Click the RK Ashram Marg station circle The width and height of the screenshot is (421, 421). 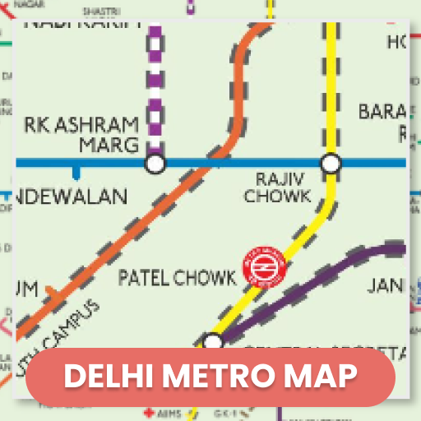click(x=155, y=164)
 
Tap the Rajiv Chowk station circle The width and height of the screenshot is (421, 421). click(x=331, y=164)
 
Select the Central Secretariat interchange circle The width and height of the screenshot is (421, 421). click(x=213, y=342)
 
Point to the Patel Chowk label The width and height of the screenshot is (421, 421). click(x=177, y=278)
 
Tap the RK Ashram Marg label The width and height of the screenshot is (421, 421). click(x=81, y=135)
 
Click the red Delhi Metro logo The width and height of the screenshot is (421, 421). click(x=262, y=267)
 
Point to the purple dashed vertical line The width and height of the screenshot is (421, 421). click(x=155, y=82)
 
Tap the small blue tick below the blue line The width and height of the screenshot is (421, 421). click(x=76, y=173)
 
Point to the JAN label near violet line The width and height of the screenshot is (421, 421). click(x=385, y=286)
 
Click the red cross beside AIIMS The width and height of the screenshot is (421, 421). click(x=149, y=411)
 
